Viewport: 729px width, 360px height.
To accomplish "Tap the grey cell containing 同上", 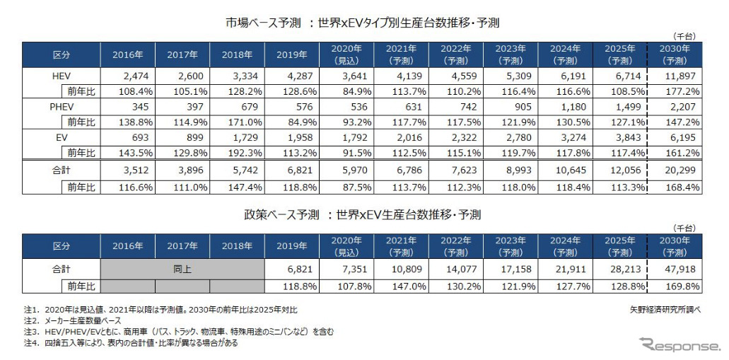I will tap(182, 269).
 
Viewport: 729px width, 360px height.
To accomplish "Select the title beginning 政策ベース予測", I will tap(358, 215).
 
